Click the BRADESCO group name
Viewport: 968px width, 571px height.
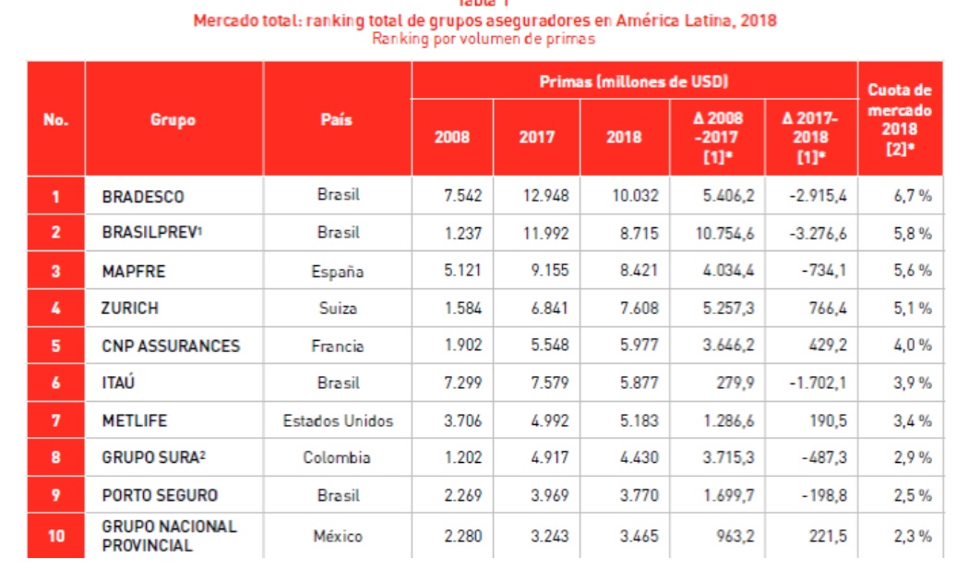(143, 197)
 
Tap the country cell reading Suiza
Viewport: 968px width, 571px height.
(338, 309)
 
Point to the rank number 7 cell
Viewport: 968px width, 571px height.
(55, 421)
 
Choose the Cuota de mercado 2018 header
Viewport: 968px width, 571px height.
(900, 118)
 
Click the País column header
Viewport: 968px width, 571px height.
(337, 120)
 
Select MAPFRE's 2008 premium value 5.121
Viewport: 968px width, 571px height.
(462, 272)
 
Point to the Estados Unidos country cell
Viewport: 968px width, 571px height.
(338, 421)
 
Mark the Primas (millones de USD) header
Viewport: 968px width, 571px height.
(634, 82)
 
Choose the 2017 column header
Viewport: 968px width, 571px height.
(536, 137)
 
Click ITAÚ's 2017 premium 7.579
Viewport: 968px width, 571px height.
(546, 383)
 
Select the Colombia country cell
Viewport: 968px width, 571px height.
(337, 458)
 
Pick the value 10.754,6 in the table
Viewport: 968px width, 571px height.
(723, 234)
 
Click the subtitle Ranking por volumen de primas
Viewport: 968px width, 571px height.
(484, 39)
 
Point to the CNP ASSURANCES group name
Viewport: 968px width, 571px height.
(171, 346)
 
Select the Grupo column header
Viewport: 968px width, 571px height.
(173, 120)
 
